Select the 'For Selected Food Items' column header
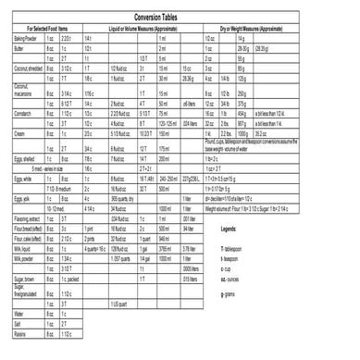[47, 31]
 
